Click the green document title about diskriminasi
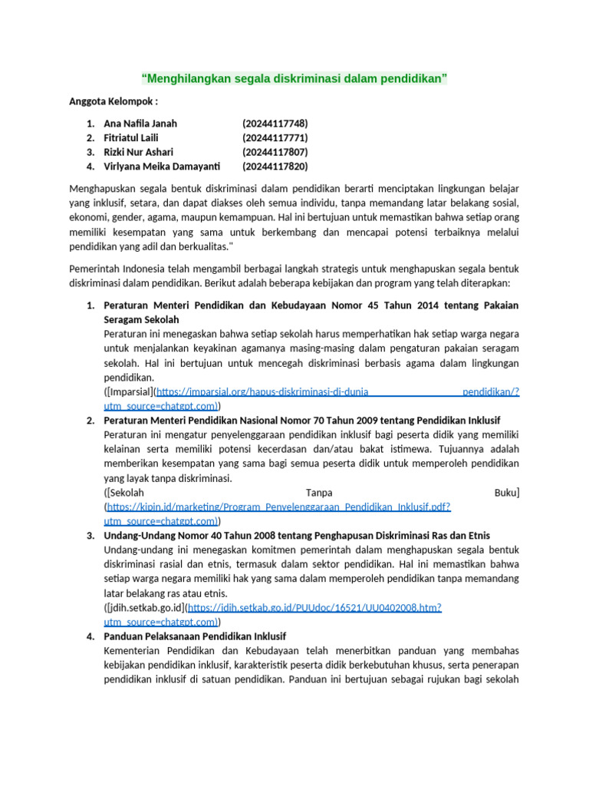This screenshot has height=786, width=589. tap(294, 78)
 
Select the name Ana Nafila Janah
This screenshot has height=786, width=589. tap(140, 124)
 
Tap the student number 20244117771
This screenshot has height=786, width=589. tap(275, 137)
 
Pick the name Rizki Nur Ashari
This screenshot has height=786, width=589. tap(138, 152)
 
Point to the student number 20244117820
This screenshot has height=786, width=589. tap(275, 166)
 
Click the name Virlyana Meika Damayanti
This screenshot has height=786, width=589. tap(161, 166)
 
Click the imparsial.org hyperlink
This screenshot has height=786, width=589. tap(262, 391)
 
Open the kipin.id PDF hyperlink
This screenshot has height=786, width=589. tap(279, 507)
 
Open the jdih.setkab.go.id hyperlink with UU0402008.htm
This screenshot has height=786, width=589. tap(314, 607)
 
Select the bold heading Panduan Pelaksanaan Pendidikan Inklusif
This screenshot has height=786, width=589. tap(195, 636)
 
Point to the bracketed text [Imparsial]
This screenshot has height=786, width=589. tap(129, 391)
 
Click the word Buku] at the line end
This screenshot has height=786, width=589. tap(507, 492)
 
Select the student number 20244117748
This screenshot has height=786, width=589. tap(275, 124)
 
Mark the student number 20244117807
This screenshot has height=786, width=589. tap(275, 152)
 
